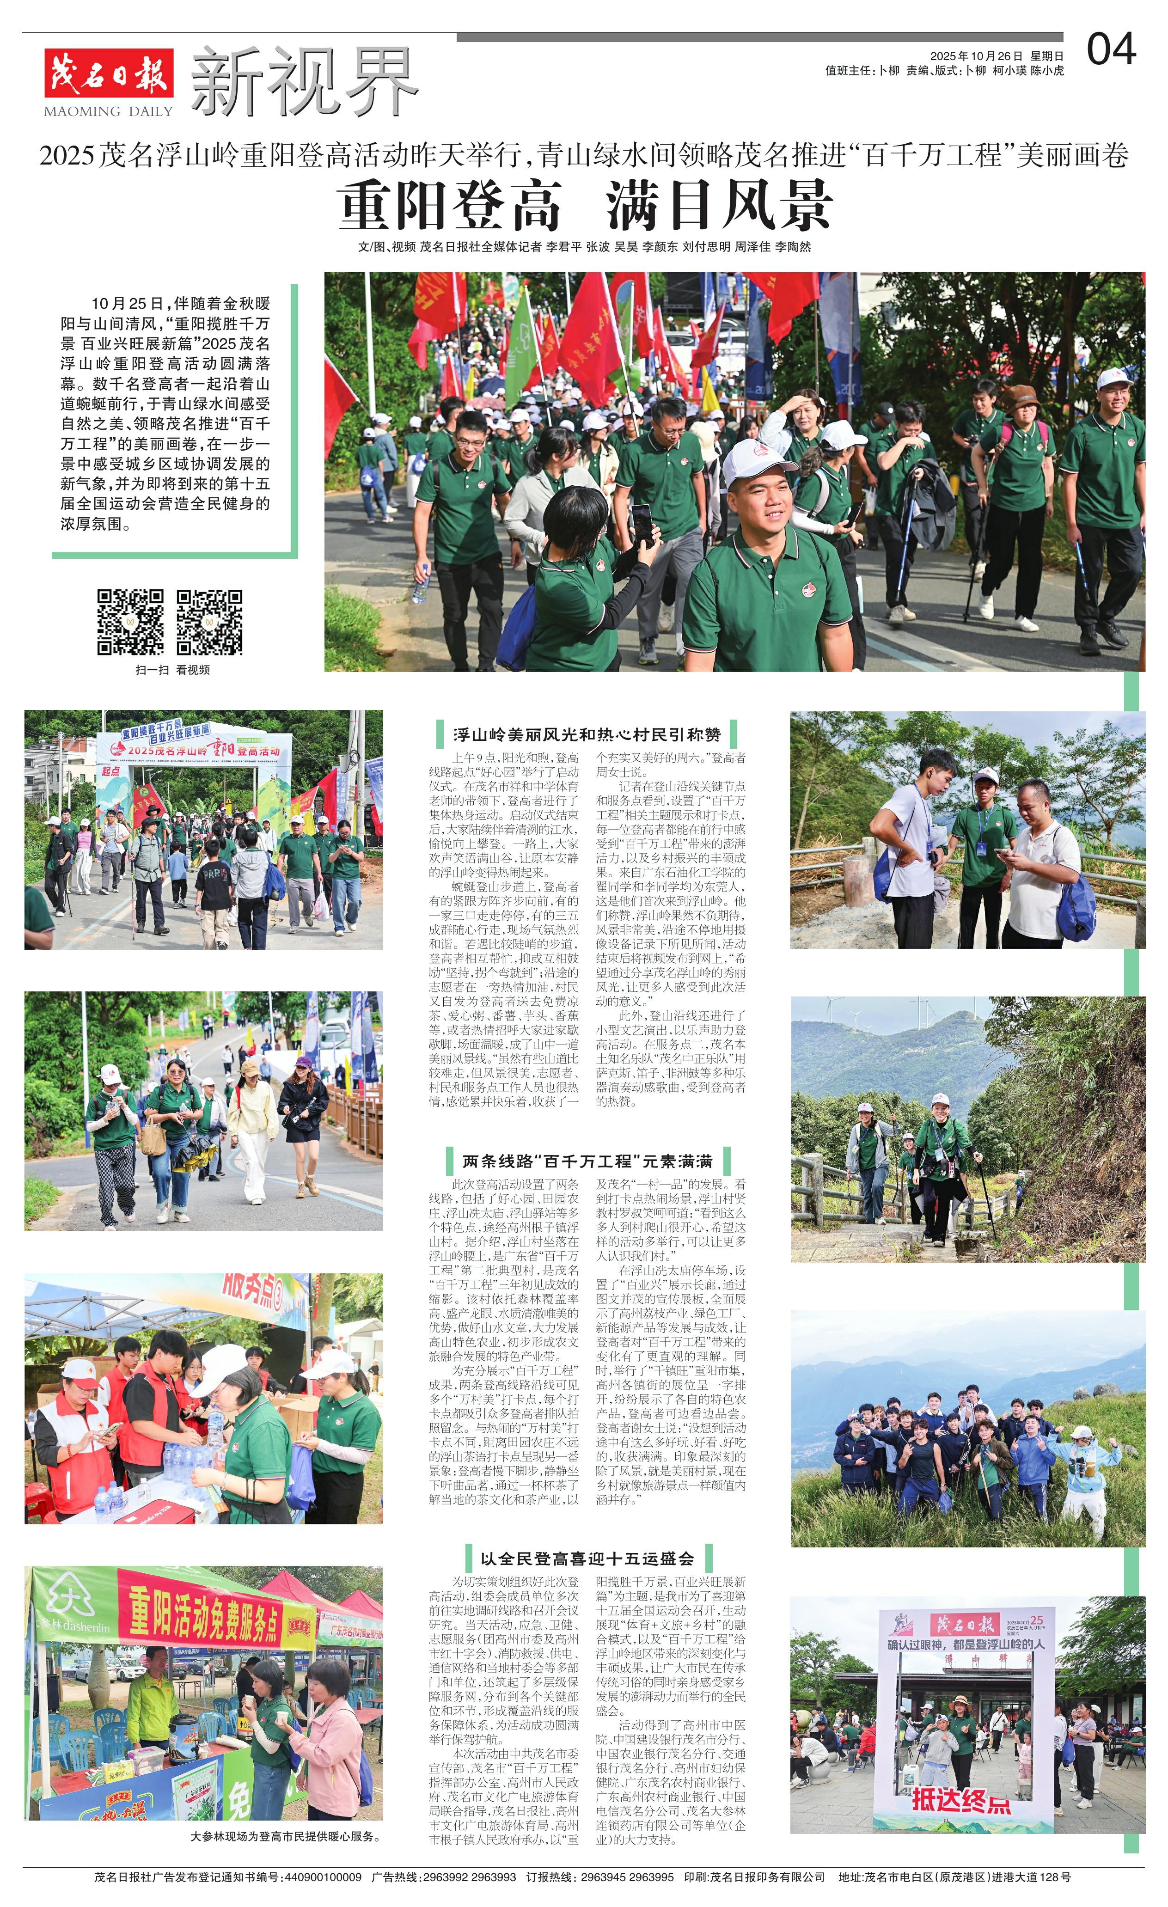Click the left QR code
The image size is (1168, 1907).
[x=130, y=622]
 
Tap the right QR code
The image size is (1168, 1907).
[x=209, y=622]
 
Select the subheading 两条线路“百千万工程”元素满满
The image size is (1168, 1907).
[x=587, y=1161]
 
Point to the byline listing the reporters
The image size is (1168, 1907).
[x=584, y=247]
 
